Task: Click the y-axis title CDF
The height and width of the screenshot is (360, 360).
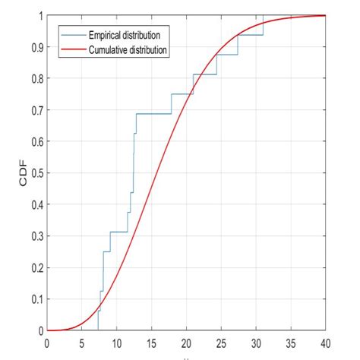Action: tap(24, 172)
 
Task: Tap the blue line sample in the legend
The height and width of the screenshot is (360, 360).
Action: tap(74, 35)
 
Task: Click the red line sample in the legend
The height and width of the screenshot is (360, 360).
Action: tap(74, 49)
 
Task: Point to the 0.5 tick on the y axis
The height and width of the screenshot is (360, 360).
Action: tap(37, 172)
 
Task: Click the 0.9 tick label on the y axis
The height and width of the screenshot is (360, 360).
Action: tap(37, 46)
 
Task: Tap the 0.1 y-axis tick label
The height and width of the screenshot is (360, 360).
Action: tap(37, 298)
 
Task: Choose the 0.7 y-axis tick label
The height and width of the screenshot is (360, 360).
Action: tap(37, 109)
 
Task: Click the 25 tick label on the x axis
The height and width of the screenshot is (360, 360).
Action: tap(221, 342)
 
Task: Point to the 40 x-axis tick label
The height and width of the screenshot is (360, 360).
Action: tap(325, 342)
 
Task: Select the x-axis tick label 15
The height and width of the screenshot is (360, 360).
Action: tap(151, 342)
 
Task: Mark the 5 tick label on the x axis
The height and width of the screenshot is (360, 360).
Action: tap(82, 342)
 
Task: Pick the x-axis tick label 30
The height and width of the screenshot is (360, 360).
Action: tap(256, 342)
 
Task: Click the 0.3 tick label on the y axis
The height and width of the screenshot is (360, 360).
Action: tap(37, 235)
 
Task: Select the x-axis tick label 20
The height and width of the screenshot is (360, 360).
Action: tap(186, 342)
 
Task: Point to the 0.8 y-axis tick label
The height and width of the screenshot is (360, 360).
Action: tap(37, 78)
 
